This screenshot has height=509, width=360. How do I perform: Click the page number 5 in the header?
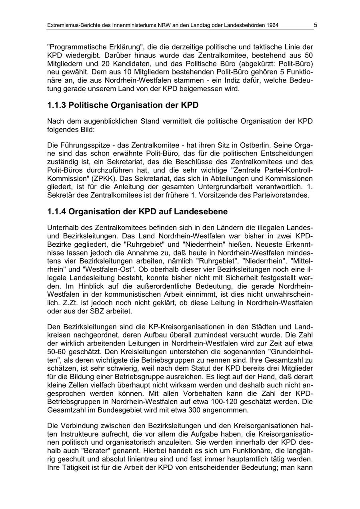tap(315, 25)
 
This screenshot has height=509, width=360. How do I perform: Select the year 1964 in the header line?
tap(271, 25)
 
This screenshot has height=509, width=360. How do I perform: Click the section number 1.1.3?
tap(56, 106)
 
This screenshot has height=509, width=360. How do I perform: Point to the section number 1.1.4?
tap(56, 211)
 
